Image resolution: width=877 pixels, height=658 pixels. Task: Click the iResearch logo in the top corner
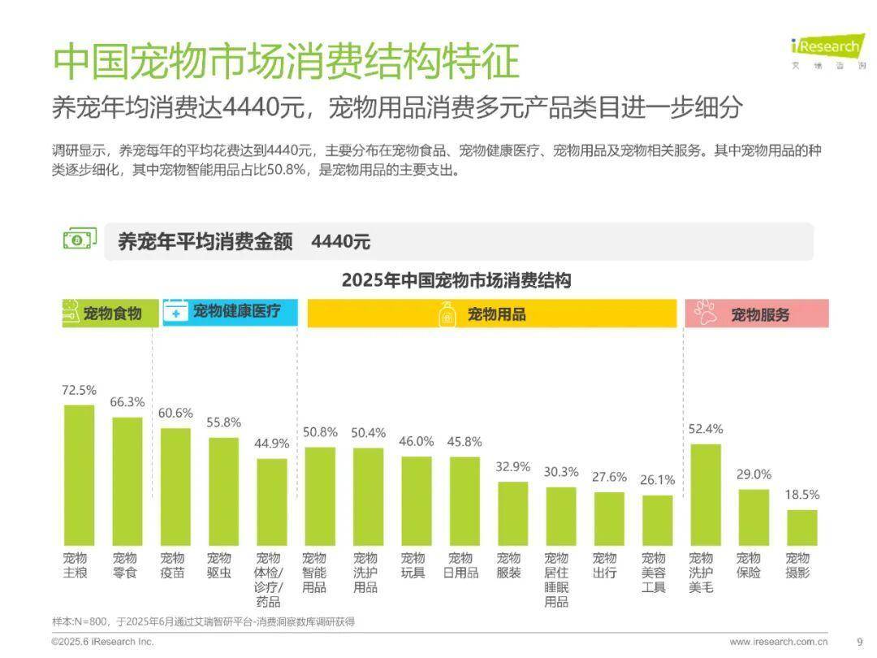click(x=827, y=50)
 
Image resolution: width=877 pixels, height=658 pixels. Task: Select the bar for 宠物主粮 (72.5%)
click(x=79, y=475)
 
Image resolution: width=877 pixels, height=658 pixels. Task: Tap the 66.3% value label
click(x=127, y=402)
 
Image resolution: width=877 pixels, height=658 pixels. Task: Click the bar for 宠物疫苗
click(x=175, y=487)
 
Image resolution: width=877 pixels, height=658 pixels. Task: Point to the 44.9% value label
click(x=272, y=444)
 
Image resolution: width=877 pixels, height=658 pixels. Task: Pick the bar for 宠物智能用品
click(x=319, y=496)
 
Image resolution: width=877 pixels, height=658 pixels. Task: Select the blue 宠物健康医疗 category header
click(x=230, y=312)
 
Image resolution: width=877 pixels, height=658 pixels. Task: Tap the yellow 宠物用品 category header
click(x=492, y=314)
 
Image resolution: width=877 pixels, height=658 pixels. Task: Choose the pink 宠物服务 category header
click(x=757, y=314)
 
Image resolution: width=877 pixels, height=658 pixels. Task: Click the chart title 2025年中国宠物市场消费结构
click(x=456, y=281)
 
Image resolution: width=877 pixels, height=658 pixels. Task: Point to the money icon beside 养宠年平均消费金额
click(x=80, y=240)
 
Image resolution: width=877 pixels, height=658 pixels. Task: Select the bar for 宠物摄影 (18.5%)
click(x=802, y=527)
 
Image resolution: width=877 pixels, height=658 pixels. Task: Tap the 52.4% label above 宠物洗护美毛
click(x=705, y=429)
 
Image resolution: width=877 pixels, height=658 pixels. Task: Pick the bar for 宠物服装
click(x=512, y=513)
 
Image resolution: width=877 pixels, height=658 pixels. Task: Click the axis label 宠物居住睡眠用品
click(x=556, y=580)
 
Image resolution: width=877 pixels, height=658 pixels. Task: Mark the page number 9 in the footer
click(x=860, y=642)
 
